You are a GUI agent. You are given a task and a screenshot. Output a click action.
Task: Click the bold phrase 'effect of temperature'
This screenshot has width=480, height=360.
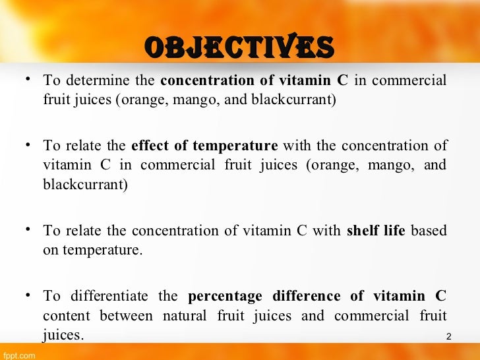click(204, 145)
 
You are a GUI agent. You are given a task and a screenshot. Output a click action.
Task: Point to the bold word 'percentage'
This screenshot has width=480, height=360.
click(221, 295)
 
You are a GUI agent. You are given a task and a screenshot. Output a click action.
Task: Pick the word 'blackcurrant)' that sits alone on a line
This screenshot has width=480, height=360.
click(85, 185)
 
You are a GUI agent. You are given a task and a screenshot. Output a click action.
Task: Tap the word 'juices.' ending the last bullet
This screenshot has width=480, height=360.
click(63, 336)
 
